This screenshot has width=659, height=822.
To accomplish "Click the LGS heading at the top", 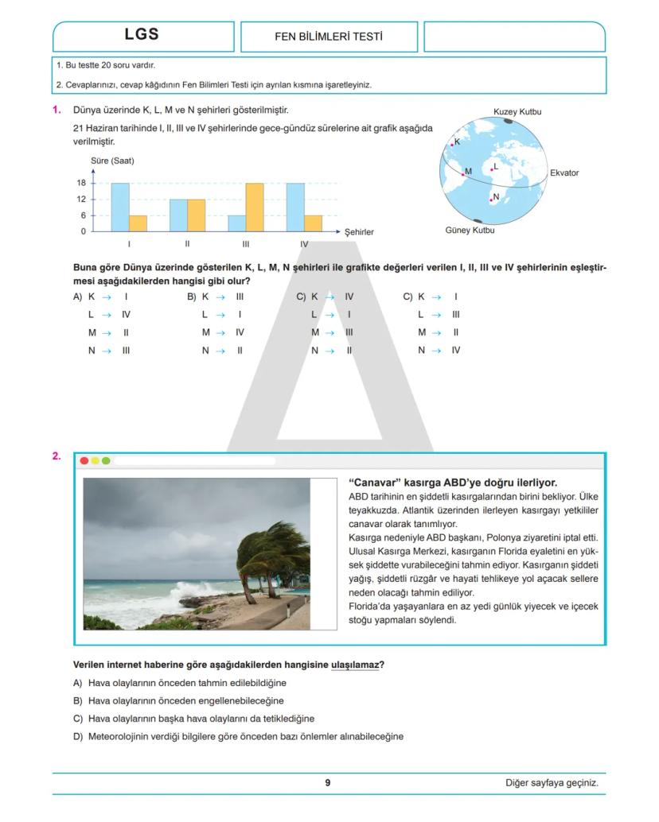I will pyautogui.click(x=142, y=34).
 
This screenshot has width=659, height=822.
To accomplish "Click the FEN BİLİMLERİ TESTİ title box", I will pyautogui.click(x=329, y=37).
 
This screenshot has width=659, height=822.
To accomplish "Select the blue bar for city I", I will pyautogui.click(x=119, y=207).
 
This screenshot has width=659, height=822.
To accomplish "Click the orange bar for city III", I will pyautogui.click(x=255, y=207).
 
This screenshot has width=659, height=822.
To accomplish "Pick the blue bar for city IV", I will pyautogui.click(x=295, y=207).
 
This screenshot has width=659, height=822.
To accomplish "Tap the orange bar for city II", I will pyautogui.click(x=197, y=215).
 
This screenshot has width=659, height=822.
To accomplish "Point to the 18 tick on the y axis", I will pyautogui.click(x=81, y=183).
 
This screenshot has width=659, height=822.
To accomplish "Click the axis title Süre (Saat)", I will pyautogui.click(x=112, y=161).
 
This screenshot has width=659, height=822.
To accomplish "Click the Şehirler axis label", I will pyautogui.click(x=359, y=232).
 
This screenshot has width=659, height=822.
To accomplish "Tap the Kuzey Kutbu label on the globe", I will pyautogui.click(x=517, y=112).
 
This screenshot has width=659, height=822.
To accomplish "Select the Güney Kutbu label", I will pyautogui.click(x=470, y=231).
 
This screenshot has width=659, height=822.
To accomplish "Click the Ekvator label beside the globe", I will pyautogui.click(x=564, y=173).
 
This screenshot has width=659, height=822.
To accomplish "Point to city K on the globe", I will pyautogui.click(x=452, y=144).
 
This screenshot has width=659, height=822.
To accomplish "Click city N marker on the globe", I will pyautogui.click(x=491, y=200).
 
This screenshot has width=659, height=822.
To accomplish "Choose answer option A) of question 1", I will pyautogui.click(x=78, y=297).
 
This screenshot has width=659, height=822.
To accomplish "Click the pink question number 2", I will pyautogui.click(x=57, y=456).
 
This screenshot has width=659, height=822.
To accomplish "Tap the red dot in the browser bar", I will pyautogui.click(x=84, y=460).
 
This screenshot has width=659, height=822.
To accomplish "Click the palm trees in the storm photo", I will pyautogui.click(x=271, y=556).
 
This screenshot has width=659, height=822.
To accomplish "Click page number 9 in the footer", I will pyautogui.click(x=328, y=782).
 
